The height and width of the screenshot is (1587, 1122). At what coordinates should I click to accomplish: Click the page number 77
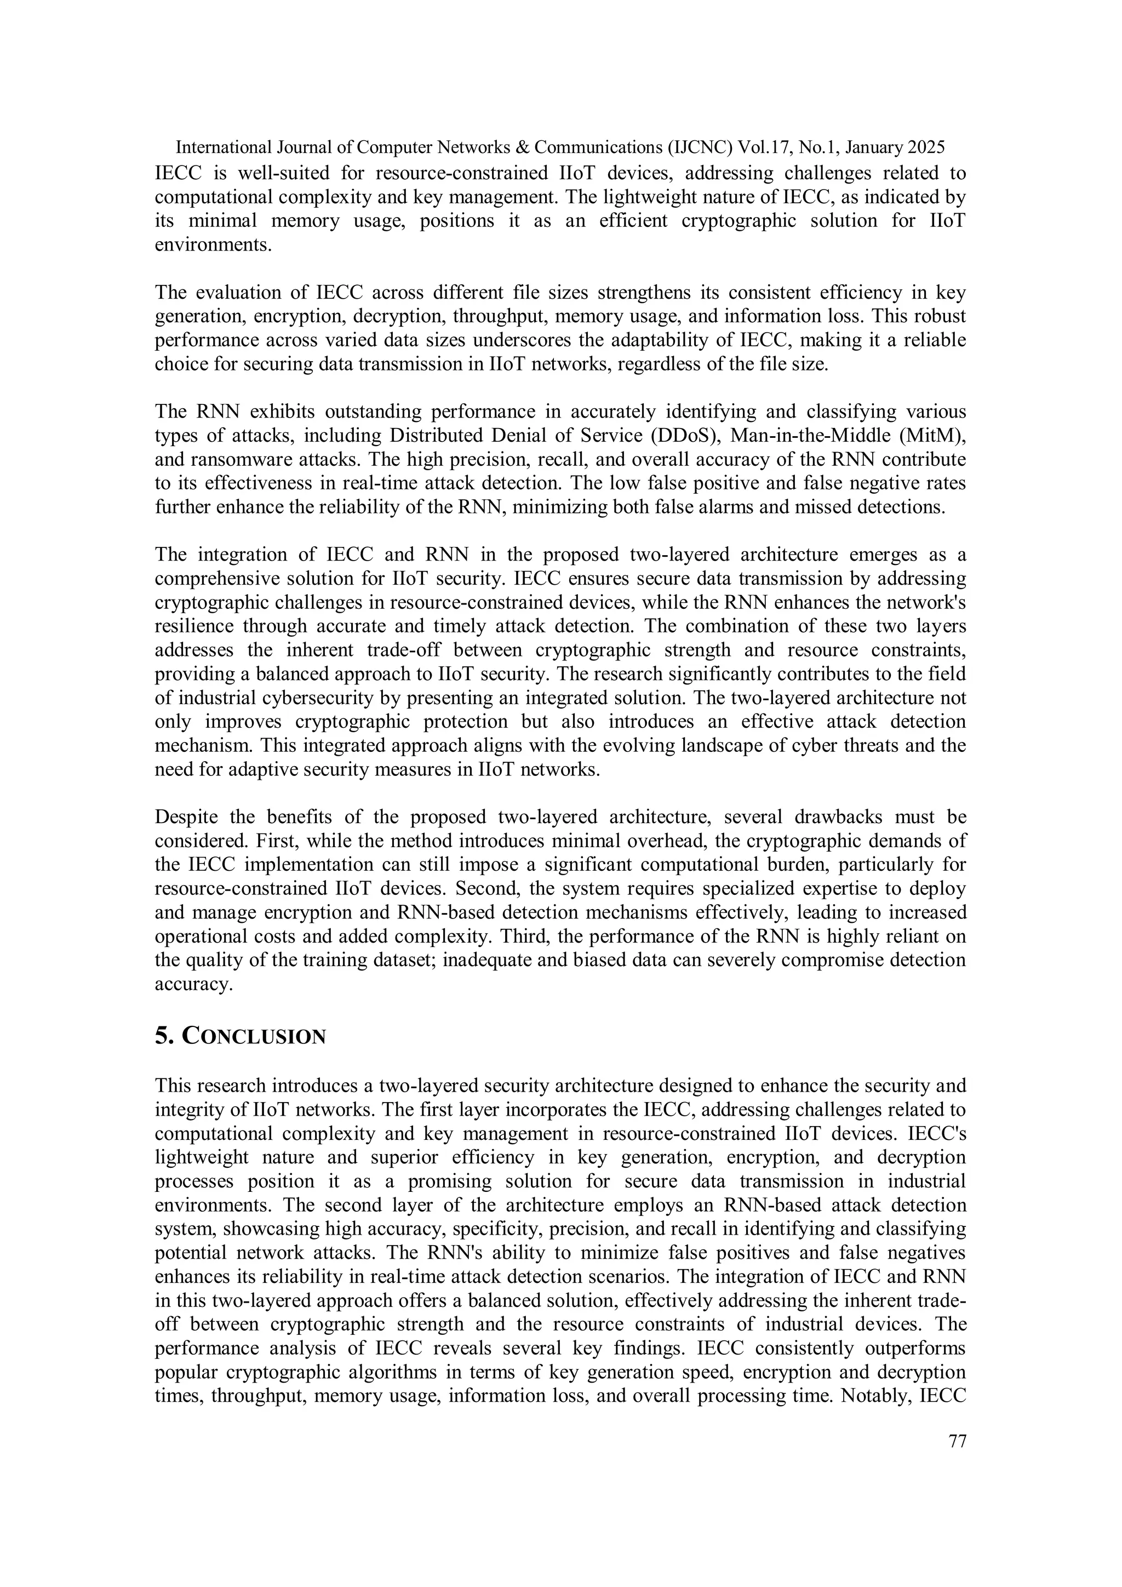tap(957, 1442)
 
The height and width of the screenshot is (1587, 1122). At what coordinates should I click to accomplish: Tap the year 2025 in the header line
tap(926, 147)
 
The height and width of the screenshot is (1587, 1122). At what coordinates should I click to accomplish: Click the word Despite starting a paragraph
tap(186, 817)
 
